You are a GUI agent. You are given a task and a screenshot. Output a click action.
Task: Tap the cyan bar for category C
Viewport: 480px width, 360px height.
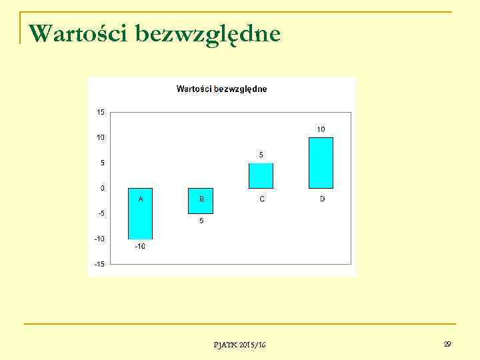click(x=261, y=175)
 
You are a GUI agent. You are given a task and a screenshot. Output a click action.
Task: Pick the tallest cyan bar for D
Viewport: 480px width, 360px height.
click(x=321, y=163)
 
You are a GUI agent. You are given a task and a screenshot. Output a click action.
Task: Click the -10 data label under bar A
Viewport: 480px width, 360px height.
click(x=140, y=247)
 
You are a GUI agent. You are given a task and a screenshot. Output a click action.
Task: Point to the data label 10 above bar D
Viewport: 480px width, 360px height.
click(x=321, y=129)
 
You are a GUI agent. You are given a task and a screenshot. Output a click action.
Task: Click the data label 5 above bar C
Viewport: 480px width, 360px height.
click(x=261, y=155)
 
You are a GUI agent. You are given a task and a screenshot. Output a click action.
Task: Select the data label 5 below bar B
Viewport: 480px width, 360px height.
click(x=201, y=221)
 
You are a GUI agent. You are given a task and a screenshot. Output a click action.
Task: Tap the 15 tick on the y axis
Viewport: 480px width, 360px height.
click(x=100, y=112)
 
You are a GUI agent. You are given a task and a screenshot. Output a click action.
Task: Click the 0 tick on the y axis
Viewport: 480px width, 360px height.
click(x=102, y=188)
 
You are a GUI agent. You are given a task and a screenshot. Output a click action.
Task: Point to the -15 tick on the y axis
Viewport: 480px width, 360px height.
click(x=99, y=264)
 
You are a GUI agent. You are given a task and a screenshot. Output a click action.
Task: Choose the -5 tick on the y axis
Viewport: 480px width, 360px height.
click(x=100, y=213)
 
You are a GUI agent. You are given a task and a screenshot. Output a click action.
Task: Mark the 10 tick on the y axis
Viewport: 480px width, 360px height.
click(x=100, y=137)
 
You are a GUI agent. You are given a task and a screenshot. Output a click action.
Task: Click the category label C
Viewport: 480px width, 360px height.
click(x=261, y=199)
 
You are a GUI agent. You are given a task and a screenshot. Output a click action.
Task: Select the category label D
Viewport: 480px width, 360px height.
click(x=322, y=199)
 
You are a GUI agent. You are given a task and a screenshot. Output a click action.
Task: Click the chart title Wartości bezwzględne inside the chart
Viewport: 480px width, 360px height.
click(x=221, y=89)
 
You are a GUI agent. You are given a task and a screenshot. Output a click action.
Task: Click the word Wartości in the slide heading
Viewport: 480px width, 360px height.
click(x=78, y=33)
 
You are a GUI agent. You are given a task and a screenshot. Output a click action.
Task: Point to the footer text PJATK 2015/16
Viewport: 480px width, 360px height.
click(x=239, y=345)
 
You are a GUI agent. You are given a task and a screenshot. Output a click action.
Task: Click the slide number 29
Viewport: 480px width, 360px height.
click(x=447, y=344)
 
